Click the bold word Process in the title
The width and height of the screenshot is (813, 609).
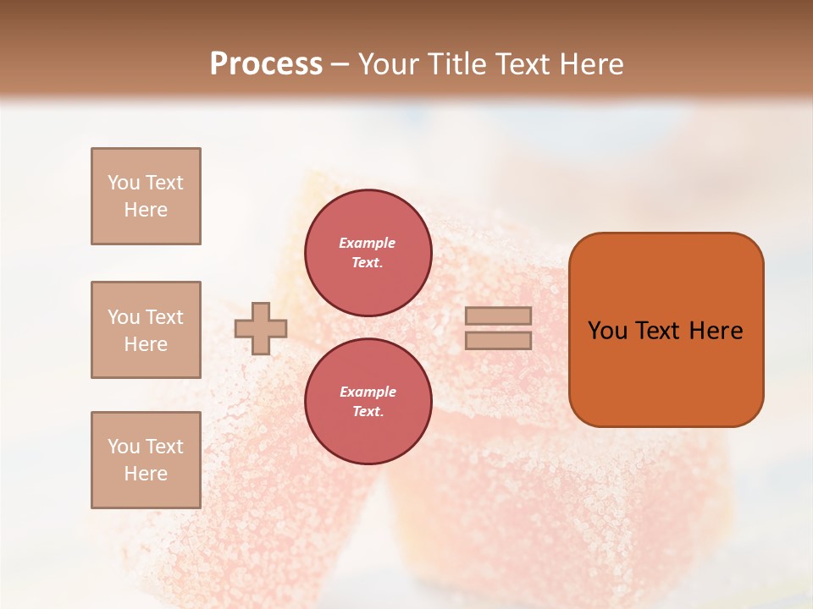(x=266, y=64)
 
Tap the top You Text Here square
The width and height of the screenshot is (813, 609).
(x=146, y=196)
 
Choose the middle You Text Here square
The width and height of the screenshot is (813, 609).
(x=146, y=330)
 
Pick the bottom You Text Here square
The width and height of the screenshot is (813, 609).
(x=146, y=460)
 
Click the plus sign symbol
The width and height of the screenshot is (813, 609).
(x=261, y=328)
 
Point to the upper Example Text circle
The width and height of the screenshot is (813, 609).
(x=368, y=252)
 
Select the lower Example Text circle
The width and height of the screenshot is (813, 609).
(x=368, y=401)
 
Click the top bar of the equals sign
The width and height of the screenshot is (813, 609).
(x=498, y=316)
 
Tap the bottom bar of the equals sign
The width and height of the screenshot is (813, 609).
(x=498, y=340)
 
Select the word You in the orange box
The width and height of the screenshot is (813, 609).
(x=607, y=331)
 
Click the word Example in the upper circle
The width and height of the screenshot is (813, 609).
(x=368, y=243)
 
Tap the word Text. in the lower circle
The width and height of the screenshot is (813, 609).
(x=368, y=411)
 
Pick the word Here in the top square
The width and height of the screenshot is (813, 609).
(x=146, y=210)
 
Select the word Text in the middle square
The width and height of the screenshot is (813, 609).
(x=163, y=317)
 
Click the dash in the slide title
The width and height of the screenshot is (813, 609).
(x=340, y=64)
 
